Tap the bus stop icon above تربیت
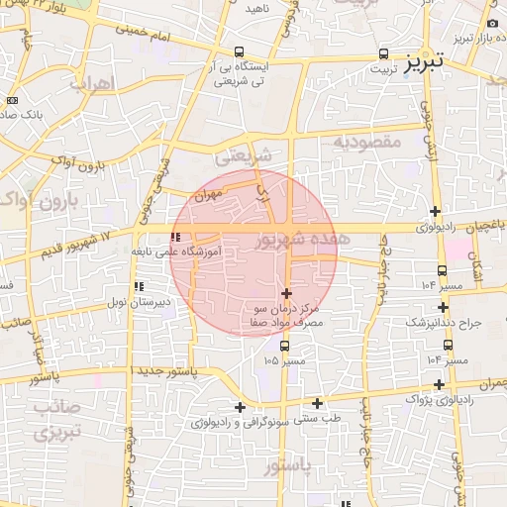[383, 53]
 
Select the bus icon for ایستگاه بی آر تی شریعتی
[239, 52]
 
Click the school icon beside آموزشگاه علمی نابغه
[176, 238]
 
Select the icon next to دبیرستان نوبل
[138, 286]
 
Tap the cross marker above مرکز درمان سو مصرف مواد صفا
[287, 293]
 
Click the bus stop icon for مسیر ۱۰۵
[285, 347]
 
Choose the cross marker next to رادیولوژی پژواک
[439, 384]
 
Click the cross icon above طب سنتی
[318, 402]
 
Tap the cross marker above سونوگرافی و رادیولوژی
[239, 406]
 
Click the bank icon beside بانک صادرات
[12, 100]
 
